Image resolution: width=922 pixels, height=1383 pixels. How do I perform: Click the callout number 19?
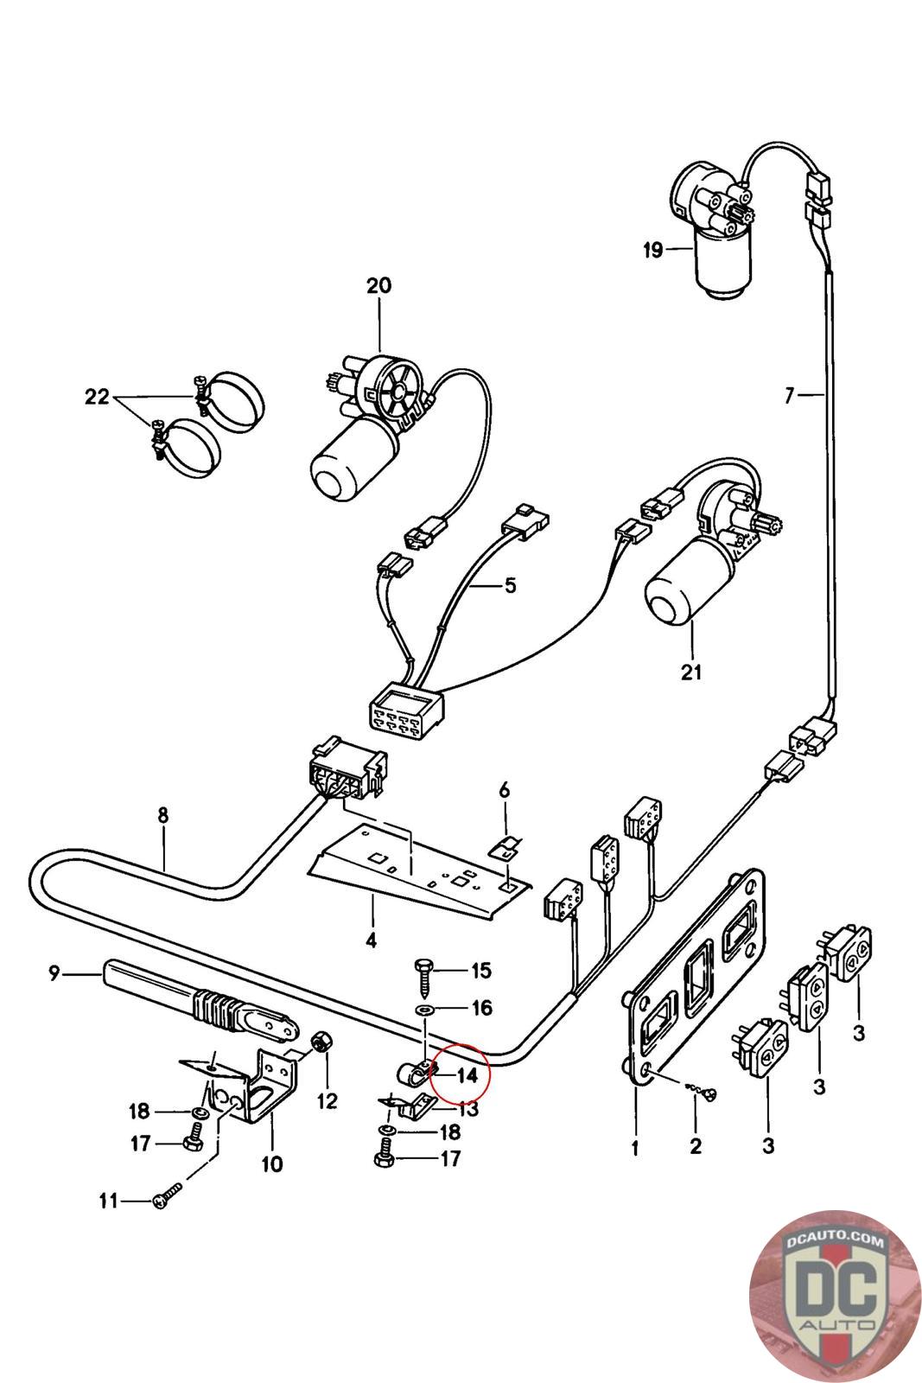[652, 251]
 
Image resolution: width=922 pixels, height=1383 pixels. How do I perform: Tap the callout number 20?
[378, 285]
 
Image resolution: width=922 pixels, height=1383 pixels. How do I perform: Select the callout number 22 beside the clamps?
[97, 397]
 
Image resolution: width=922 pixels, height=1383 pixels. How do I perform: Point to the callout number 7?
[788, 396]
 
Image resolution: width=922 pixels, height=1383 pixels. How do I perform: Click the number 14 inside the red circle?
[467, 1075]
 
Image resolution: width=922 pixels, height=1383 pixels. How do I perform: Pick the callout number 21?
[692, 672]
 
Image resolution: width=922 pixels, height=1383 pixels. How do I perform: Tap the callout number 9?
[54, 973]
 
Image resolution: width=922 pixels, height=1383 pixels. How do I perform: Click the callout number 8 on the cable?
[163, 814]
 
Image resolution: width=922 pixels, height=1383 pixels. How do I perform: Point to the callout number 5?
[510, 586]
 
